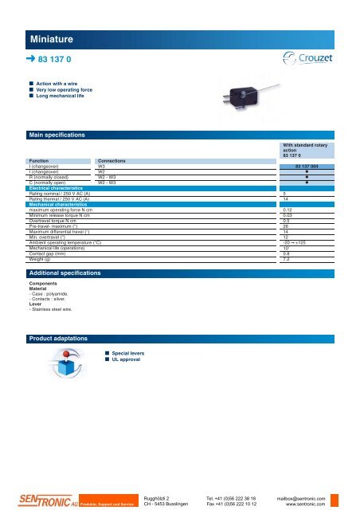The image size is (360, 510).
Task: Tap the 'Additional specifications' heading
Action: point(65,273)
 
